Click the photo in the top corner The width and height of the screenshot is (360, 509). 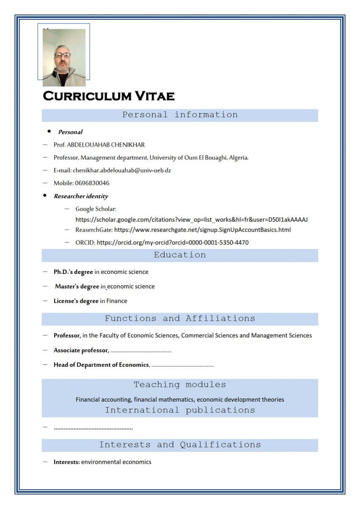(64, 57)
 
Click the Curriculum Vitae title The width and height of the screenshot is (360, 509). (108, 96)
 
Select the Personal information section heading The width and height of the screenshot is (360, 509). (180, 115)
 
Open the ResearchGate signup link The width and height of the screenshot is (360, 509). (202, 230)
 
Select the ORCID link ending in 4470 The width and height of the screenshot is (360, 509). (173, 243)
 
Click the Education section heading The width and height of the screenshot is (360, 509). (180, 255)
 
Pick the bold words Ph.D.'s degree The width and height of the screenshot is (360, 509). (73, 272)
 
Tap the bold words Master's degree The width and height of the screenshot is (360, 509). (77, 286)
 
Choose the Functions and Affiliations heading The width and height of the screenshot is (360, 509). (180, 319)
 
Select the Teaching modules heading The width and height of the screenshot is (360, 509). (180, 385)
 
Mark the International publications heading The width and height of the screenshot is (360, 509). (180, 410)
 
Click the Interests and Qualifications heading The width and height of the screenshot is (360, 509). (180, 445)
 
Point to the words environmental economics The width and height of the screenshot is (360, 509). (116, 462)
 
